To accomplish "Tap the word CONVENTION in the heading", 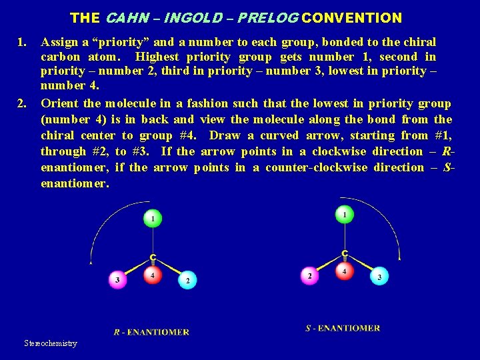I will coord(356,18).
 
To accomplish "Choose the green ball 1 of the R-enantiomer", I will coord(153,218).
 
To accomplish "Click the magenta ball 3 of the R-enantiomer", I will coord(118,280).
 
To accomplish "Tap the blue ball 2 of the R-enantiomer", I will coord(187,281).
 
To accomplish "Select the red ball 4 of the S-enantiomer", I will coord(344,271).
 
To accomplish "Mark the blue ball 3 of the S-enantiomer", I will coord(379,277).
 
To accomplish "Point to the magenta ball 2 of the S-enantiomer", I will coord(309,275).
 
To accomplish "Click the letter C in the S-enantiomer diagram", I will coord(345,253).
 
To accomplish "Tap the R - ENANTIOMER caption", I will coord(151,332).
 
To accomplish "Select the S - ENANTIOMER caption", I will coord(343,328).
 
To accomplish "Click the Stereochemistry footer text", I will coord(51,343).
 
